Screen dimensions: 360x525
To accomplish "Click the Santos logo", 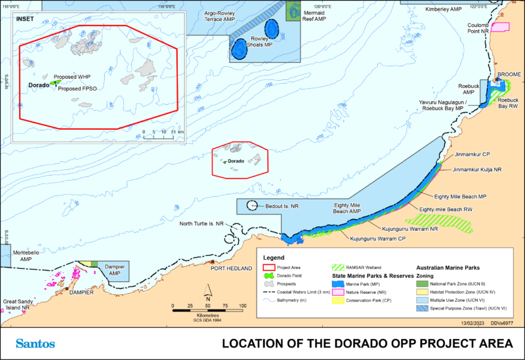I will (36, 344).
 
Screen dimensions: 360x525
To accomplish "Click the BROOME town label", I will (509, 75).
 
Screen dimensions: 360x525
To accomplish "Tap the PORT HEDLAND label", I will (231, 269).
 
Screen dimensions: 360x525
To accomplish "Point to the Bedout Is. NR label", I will (282, 206).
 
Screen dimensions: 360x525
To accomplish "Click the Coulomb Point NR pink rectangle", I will (500, 27).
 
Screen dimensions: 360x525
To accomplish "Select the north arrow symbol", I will (207, 290).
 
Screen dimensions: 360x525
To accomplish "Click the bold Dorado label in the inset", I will (39, 85).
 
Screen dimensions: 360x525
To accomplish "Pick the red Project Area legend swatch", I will (268, 268).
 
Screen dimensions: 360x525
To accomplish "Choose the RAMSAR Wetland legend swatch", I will (340, 268).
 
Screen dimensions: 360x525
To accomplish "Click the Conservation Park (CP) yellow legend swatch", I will (340, 302).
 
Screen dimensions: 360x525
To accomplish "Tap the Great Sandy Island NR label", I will (16, 304).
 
